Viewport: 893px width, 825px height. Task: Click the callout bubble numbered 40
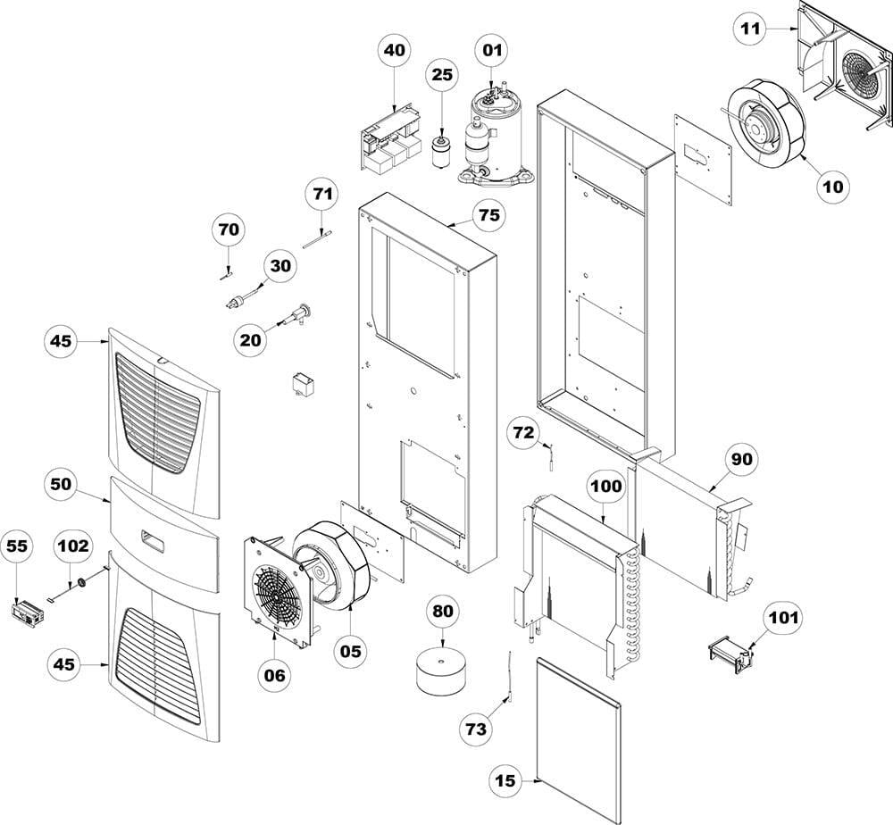coord(395,51)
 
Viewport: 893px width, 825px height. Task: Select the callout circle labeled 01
coord(493,51)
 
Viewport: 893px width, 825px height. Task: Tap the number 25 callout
coord(442,75)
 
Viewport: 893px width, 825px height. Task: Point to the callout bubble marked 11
coord(751,29)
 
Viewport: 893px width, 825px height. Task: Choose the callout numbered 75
coord(488,215)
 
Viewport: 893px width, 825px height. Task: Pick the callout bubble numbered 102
coord(73,545)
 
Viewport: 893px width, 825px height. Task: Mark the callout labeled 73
coord(476,729)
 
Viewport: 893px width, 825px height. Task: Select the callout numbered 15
coord(506,780)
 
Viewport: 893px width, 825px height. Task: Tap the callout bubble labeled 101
coord(784,617)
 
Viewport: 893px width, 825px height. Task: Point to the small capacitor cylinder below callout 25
coord(438,151)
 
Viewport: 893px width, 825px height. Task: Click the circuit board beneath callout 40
coord(390,139)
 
